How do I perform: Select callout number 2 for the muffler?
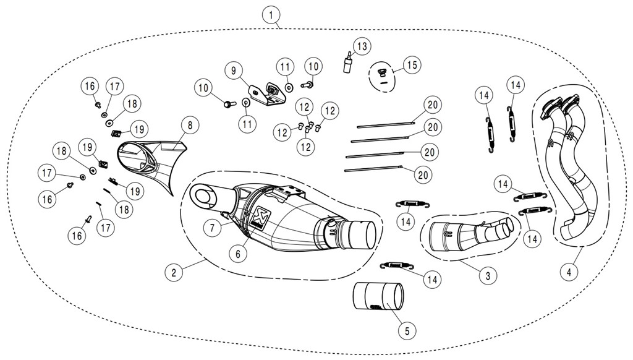click(x=174, y=271)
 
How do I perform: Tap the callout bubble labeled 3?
click(x=488, y=276)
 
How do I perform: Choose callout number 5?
click(x=406, y=331)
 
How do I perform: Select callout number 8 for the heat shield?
click(x=190, y=125)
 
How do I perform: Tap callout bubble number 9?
click(x=234, y=71)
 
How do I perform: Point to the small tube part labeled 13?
click(x=349, y=63)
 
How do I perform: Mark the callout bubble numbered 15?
click(x=412, y=64)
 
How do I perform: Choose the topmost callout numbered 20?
click(x=432, y=103)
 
